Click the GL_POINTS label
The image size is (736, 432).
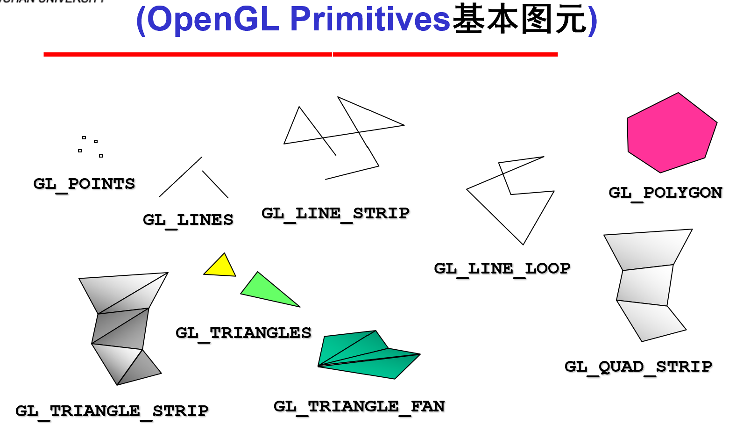(84, 184)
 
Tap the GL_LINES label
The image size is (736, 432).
(188, 220)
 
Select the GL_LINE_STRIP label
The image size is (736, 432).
(335, 213)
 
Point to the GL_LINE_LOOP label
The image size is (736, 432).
(502, 268)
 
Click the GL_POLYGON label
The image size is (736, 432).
(665, 193)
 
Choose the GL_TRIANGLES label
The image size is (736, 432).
(243, 333)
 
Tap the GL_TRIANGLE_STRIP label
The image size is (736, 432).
(112, 411)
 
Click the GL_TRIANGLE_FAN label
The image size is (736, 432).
(359, 406)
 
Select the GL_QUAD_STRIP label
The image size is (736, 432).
(638, 367)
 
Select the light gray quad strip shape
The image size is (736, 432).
(647, 285)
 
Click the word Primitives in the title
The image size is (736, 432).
(370, 20)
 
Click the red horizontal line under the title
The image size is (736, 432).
(300, 55)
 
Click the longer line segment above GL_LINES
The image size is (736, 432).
(180, 177)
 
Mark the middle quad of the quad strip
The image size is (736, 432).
(645, 286)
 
